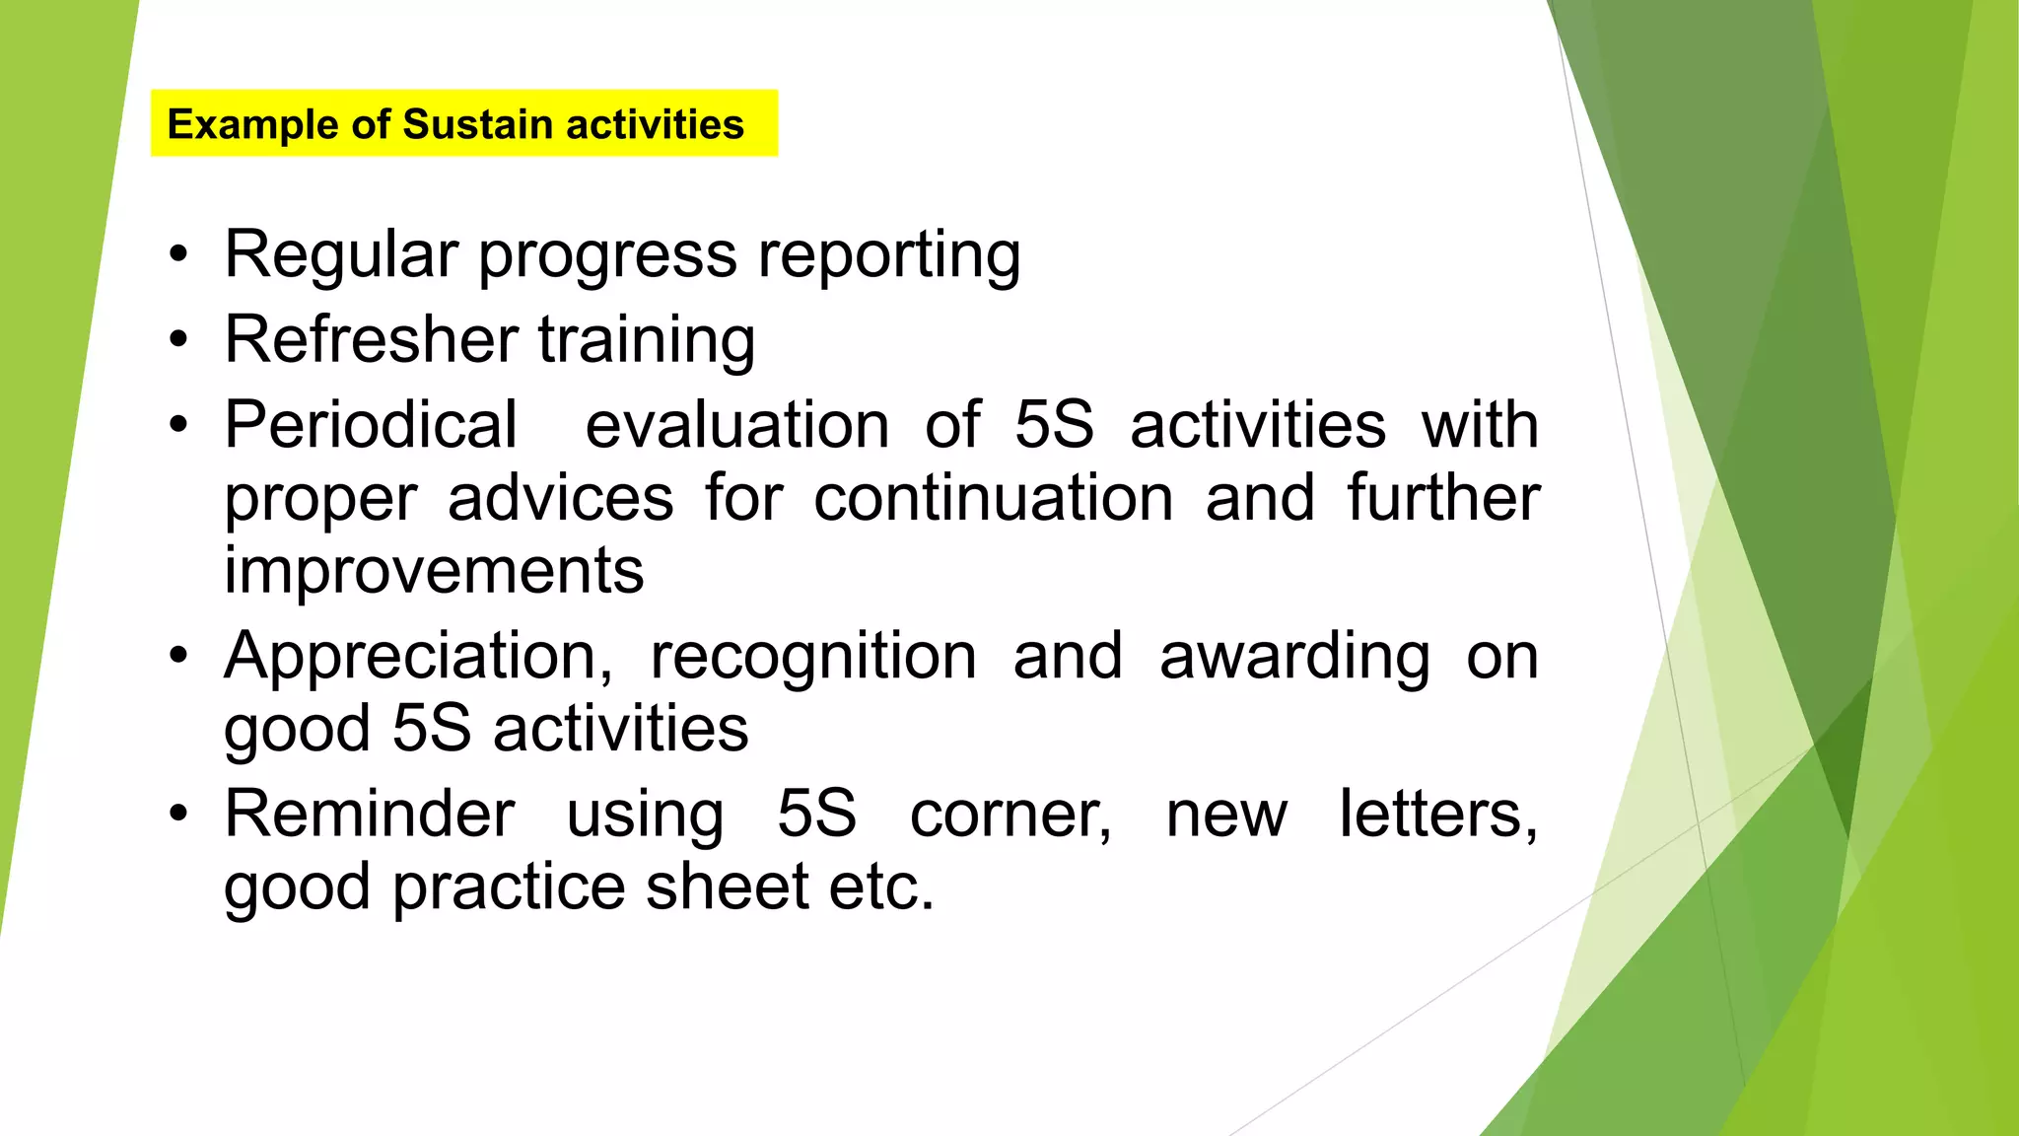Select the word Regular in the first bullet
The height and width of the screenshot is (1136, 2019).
click(x=341, y=254)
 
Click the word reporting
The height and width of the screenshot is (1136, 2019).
click(x=889, y=256)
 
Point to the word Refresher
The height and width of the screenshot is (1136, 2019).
click(x=372, y=339)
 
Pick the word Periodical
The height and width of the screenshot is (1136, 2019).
click(x=371, y=425)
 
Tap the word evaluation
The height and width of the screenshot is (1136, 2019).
click(x=736, y=425)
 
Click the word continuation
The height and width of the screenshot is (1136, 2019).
click(x=993, y=497)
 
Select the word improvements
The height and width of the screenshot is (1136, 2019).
click(x=434, y=571)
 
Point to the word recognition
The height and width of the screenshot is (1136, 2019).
click(x=813, y=658)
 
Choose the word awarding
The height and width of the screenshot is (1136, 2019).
click(x=1294, y=658)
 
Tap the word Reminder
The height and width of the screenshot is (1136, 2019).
click(x=370, y=815)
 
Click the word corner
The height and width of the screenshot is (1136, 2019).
click(x=1010, y=816)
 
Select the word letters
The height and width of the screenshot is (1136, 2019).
click(x=1437, y=815)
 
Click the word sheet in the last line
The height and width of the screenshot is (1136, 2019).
click(x=728, y=887)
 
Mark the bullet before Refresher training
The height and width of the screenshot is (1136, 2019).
click(x=177, y=340)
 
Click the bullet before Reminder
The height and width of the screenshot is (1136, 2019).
click(x=177, y=815)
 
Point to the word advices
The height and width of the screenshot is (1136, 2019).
click(x=560, y=497)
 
